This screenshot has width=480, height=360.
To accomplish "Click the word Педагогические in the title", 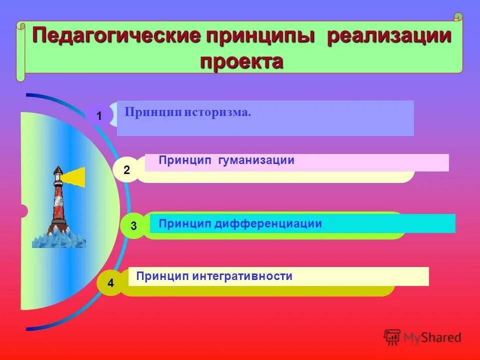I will [116, 37].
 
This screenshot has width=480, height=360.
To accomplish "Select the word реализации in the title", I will [389, 37].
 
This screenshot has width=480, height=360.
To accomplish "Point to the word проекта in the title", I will [241, 61].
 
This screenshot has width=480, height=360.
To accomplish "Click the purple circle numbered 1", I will [98, 116].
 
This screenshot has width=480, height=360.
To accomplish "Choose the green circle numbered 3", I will [133, 226].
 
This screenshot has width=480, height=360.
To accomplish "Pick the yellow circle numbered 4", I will [110, 283].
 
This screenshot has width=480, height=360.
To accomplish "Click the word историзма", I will [217, 112].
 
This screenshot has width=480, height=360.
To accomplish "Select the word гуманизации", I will [256, 160].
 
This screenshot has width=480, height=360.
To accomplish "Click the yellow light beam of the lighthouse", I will [74, 176].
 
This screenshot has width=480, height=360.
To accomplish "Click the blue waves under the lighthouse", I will [59, 239].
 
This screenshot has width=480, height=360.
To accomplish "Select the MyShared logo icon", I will [392, 337].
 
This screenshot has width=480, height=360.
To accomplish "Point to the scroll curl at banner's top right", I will [458, 17].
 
